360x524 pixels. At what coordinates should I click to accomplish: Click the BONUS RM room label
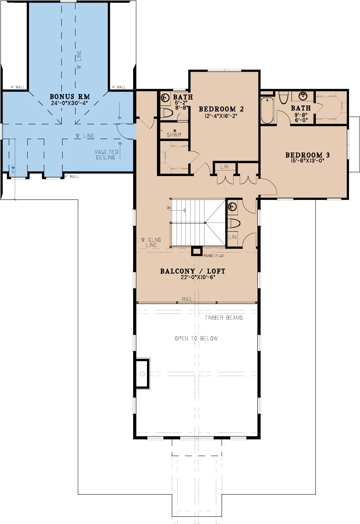coord(70,96)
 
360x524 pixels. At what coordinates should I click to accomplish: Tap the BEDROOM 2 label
coord(221,109)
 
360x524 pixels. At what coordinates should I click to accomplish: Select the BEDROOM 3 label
coord(307,155)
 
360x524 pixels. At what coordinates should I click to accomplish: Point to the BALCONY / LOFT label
coord(193,271)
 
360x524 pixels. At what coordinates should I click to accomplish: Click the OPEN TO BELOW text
coord(196,338)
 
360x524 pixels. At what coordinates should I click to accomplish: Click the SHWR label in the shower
coord(174,135)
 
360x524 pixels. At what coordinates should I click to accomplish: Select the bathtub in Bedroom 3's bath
coord(267,111)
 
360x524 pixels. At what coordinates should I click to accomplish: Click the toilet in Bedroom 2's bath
coord(167,113)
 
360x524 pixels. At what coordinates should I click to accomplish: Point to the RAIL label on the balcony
coord(187,299)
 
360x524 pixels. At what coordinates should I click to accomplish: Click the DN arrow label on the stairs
coord(169,208)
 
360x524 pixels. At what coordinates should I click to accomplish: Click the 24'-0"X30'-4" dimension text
coord(69,103)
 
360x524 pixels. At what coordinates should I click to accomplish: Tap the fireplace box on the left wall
coord(142,373)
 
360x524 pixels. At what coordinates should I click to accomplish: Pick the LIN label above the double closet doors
coord(224,167)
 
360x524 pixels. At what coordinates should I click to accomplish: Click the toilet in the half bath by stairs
coord(234,223)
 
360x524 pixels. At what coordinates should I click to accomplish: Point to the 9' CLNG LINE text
coord(151,242)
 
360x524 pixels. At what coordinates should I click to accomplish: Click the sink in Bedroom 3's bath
coord(303,96)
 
